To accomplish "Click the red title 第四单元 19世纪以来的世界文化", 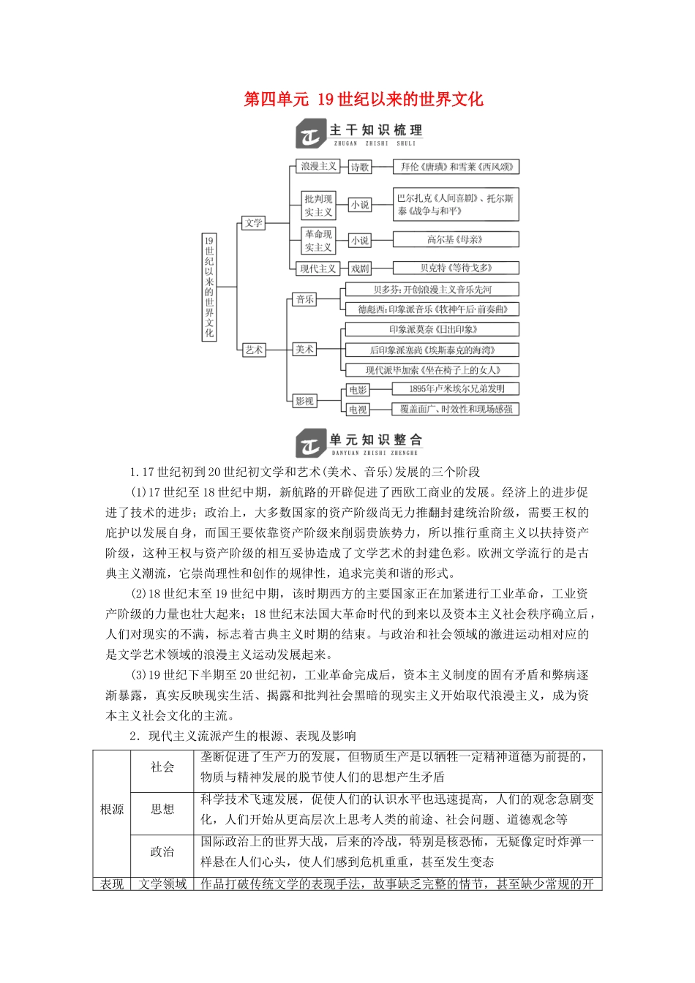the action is (x=364, y=99).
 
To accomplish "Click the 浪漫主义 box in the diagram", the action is (x=318, y=167).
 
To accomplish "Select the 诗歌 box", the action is (x=360, y=167).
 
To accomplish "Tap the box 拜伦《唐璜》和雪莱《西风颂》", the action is (x=457, y=167).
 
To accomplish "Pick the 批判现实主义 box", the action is (x=318, y=206).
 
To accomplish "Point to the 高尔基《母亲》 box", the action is (x=455, y=239).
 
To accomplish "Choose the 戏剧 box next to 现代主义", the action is (x=360, y=268).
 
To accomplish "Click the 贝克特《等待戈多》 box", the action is (x=456, y=268).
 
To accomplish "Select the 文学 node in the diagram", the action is (x=253, y=223).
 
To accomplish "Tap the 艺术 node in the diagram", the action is (x=253, y=350).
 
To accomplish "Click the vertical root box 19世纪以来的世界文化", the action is (x=209, y=287).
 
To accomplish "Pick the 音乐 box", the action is (x=304, y=299).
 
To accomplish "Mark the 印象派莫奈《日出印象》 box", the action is (x=433, y=329).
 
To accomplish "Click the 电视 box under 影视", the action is (x=358, y=410).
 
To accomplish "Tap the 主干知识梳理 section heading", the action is (x=375, y=131).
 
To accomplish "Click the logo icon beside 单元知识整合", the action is (x=310, y=444).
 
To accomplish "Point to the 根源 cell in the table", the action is (x=112, y=810).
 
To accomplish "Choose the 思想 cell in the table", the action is (x=162, y=810).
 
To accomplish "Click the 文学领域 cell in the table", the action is (x=162, y=884).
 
